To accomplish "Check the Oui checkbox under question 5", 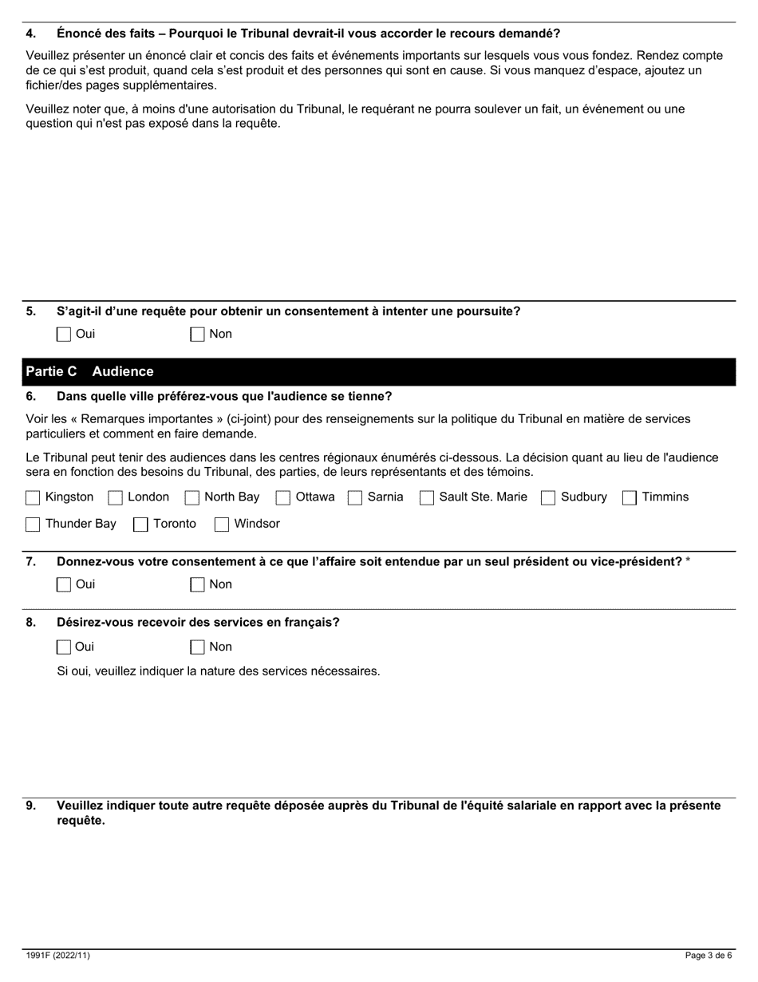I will click(64, 335).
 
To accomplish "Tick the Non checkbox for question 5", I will click(197, 335).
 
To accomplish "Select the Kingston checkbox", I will click(33, 498).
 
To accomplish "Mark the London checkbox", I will click(115, 498).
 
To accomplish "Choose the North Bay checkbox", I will click(191, 498).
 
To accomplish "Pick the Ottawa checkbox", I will click(282, 498).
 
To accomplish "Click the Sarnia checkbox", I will click(355, 498).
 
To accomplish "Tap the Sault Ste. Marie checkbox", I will click(427, 498).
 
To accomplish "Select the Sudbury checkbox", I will click(548, 498).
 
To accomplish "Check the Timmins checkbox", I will click(630, 498).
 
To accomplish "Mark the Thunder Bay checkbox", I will click(33, 525).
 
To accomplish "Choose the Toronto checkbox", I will click(140, 525).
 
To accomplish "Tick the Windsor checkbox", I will click(222, 525).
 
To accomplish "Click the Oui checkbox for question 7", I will click(64, 585).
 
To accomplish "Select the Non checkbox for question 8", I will click(197, 647).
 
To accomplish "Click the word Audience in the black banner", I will click(123, 372).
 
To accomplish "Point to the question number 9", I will click(31, 806).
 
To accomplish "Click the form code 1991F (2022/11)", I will click(52, 956).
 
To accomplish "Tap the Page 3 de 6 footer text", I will click(709, 956).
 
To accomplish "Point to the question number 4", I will click(31, 34).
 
